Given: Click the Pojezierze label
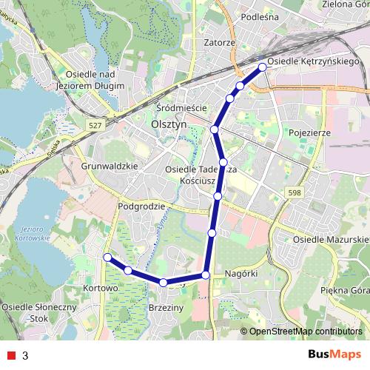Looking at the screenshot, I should coord(305,133).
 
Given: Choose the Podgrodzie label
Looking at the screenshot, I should coord(141,206).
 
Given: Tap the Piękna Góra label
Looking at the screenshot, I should coord(343,292).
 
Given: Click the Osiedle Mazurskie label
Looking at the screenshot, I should coord(331,240).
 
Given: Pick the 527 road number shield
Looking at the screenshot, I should coord(95,127).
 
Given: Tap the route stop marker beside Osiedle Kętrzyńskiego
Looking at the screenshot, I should coord(262,67).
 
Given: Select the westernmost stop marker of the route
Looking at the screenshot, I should coord(107,258).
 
